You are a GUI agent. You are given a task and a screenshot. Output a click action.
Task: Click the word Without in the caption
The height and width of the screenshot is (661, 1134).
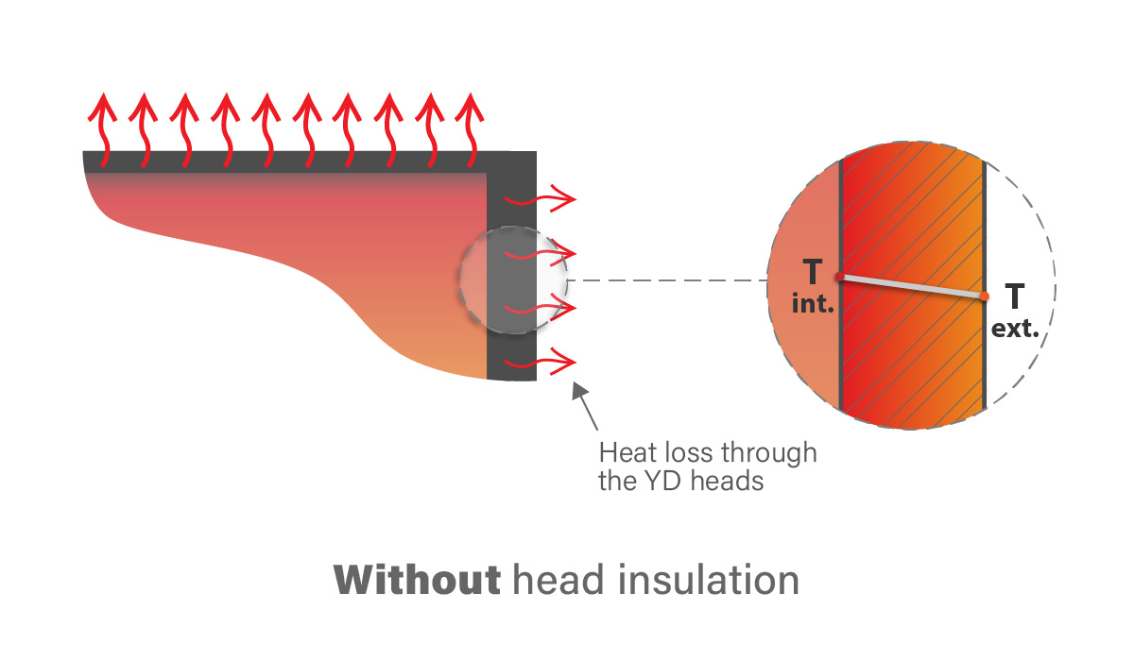[x=417, y=580]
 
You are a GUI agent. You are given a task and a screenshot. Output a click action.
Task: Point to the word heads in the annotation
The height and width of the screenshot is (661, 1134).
[x=731, y=481]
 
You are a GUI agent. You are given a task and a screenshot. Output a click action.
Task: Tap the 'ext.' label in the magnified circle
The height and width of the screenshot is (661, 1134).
[x=1015, y=330]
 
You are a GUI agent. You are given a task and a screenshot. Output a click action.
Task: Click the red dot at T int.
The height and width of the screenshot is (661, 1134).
[x=839, y=277]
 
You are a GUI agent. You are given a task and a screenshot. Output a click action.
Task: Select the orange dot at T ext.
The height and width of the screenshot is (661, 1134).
[x=985, y=297]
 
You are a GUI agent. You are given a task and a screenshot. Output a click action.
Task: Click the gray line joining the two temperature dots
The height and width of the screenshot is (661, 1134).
[x=912, y=286]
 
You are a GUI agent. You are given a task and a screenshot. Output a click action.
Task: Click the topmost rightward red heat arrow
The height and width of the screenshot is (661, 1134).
[x=541, y=199]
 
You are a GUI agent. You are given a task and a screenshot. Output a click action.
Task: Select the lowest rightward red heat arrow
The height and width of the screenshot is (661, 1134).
[x=541, y=362]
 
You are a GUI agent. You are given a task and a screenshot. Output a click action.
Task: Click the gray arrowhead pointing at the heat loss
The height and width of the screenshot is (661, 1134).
[x=580, y=391]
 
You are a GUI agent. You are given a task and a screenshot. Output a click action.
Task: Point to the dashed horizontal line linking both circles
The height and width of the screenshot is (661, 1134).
[x=666, y=280]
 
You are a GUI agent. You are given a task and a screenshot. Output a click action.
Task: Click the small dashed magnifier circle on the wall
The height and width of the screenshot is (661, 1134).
[x=514, y=280]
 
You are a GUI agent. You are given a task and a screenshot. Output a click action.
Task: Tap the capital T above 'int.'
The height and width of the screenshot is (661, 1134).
[x=811, y=273]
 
